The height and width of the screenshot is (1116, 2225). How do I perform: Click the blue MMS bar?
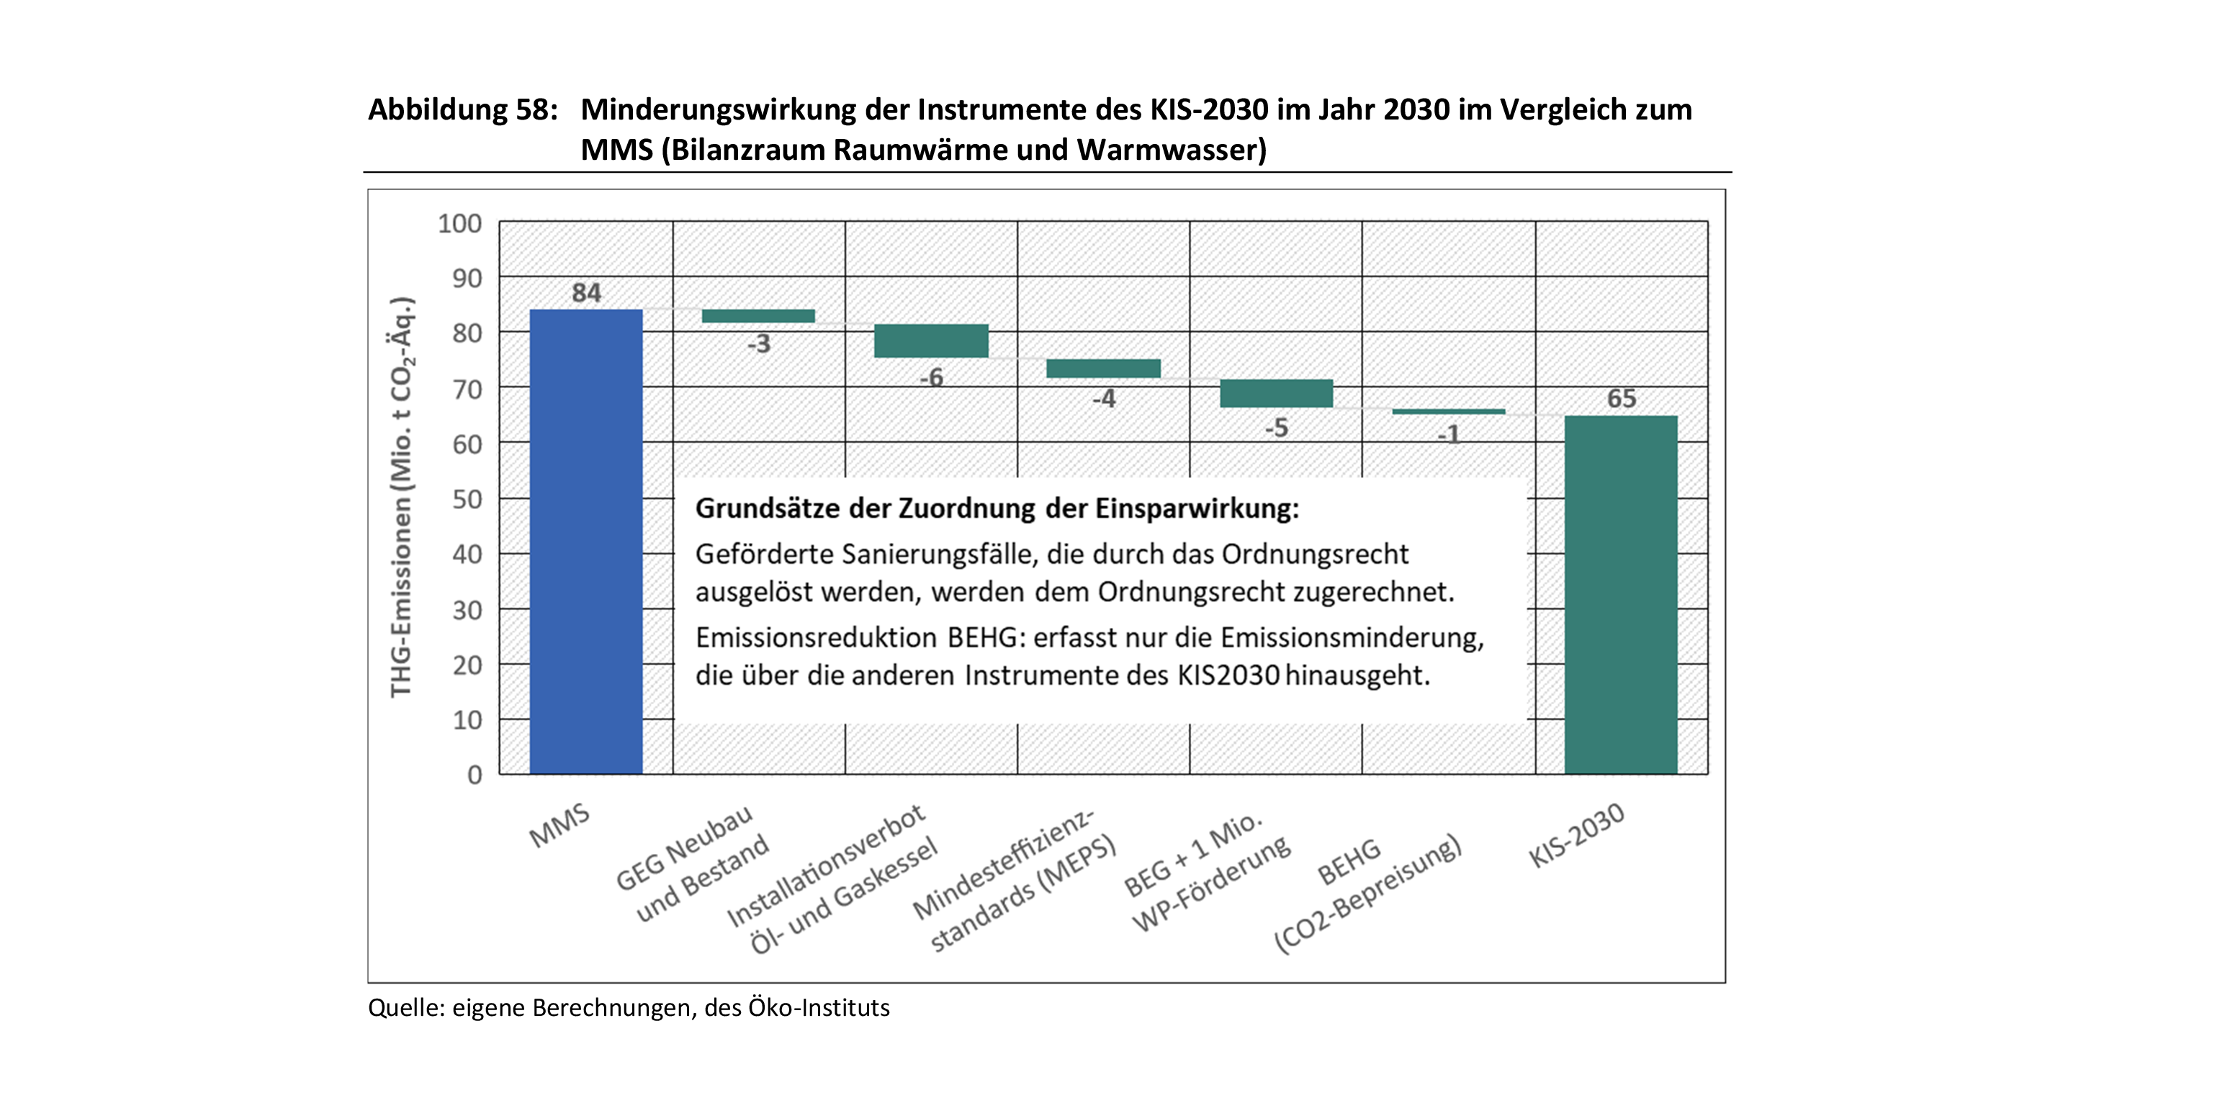(x=585, y=541)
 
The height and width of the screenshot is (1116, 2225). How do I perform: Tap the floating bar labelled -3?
(x=758, y=316)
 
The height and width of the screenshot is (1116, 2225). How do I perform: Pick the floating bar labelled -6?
(x=931, y=341)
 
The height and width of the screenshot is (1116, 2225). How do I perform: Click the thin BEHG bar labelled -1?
(x=1449, y=412)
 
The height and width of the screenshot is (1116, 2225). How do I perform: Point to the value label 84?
(x=586, y=293)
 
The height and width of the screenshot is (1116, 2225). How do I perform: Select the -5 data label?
(x=1276, y=428)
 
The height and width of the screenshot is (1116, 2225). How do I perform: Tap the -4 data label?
(x=1103, y=398)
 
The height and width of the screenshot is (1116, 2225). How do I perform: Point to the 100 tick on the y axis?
(x=459, y=224)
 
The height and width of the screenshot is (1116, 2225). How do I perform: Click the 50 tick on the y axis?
(x=467, y=499)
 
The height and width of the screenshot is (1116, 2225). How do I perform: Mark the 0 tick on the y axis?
(x=475, y=775)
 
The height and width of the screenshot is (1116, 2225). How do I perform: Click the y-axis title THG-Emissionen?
(x=402, y=498)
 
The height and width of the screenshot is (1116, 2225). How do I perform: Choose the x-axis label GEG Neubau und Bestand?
(x=691, y=864)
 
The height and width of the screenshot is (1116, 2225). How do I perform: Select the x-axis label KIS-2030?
(x=1576, y=835)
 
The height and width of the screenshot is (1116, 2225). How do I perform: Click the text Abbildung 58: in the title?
(x=463, y=109)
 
